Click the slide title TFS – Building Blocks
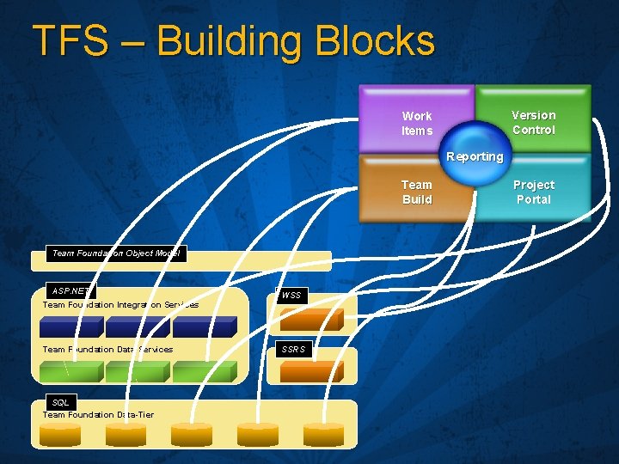pyautogui.click(x=233, y=41)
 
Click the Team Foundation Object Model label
pyautogui.click(x=115, y=253)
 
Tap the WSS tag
pyautogui.click(x=291, y=296)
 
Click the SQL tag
pyautogui.click(x=60, y=402)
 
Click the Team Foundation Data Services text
pyautogui.click(x=107, y=349)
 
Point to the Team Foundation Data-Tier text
pyautogui.click(x=98, y=414)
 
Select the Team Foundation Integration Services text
pyautogui.click(x=120, y=304)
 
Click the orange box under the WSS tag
pyautogui.click(x=311, y=320)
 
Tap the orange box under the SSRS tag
pyautogui.click(x=311, y=371)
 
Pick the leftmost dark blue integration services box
pyautogui.click(x=72, y=327)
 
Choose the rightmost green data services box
pyautogui.click(x=203, y=371)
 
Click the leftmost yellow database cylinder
pyautogui.click(x=60, y=435)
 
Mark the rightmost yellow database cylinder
pyautogui.click(x=323, y=435)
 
